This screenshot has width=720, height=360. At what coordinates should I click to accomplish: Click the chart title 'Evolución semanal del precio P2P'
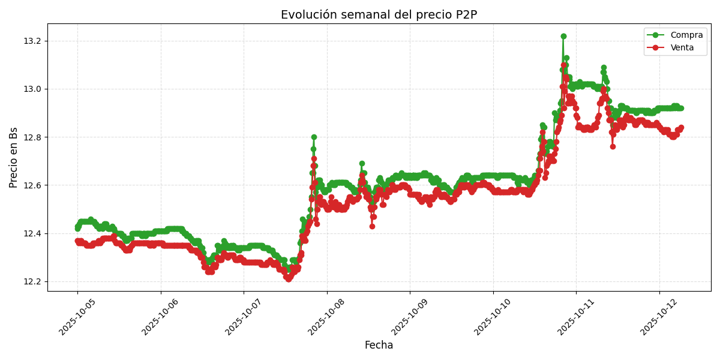[379, 15]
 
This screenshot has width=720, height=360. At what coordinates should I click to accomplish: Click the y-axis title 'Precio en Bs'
[14, 157]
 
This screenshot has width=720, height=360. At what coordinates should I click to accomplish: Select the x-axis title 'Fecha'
[379, 346]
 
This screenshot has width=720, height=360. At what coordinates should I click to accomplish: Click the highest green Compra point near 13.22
[563, 37]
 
